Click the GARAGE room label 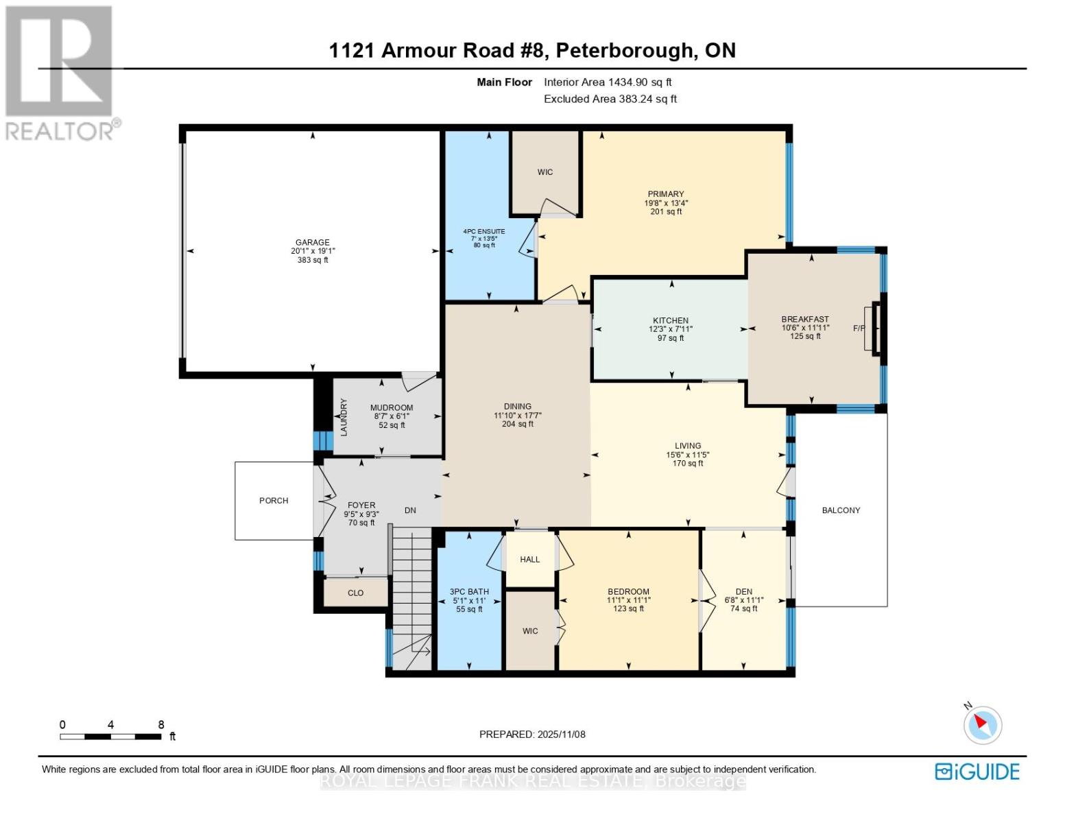click(x=312, y=242)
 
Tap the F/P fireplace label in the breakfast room click(x=859, y=329)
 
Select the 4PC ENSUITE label click(x=484, y=232)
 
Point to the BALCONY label click(x=841, y=510)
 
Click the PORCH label click(x=274, y=501)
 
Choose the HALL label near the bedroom click(x=529, y=560)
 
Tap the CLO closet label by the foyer click(x=355, y=593)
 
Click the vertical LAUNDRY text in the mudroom click(x=344, y=417)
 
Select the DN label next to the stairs click(x=410, y=510)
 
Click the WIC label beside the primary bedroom click(x=545, y=172)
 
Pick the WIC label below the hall click(x=530, y=631)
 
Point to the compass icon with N click(x=982, y=724)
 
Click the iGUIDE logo click(x=977, y=772)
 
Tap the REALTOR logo click(x=60, y=72)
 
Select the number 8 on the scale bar click(x=161, y=725)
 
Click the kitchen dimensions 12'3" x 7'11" click(x=670, y=329)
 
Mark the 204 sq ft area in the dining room click(x=518, y=424)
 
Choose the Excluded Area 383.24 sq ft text click(x=610, y=99)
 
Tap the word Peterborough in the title click(x=623, y=50)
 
